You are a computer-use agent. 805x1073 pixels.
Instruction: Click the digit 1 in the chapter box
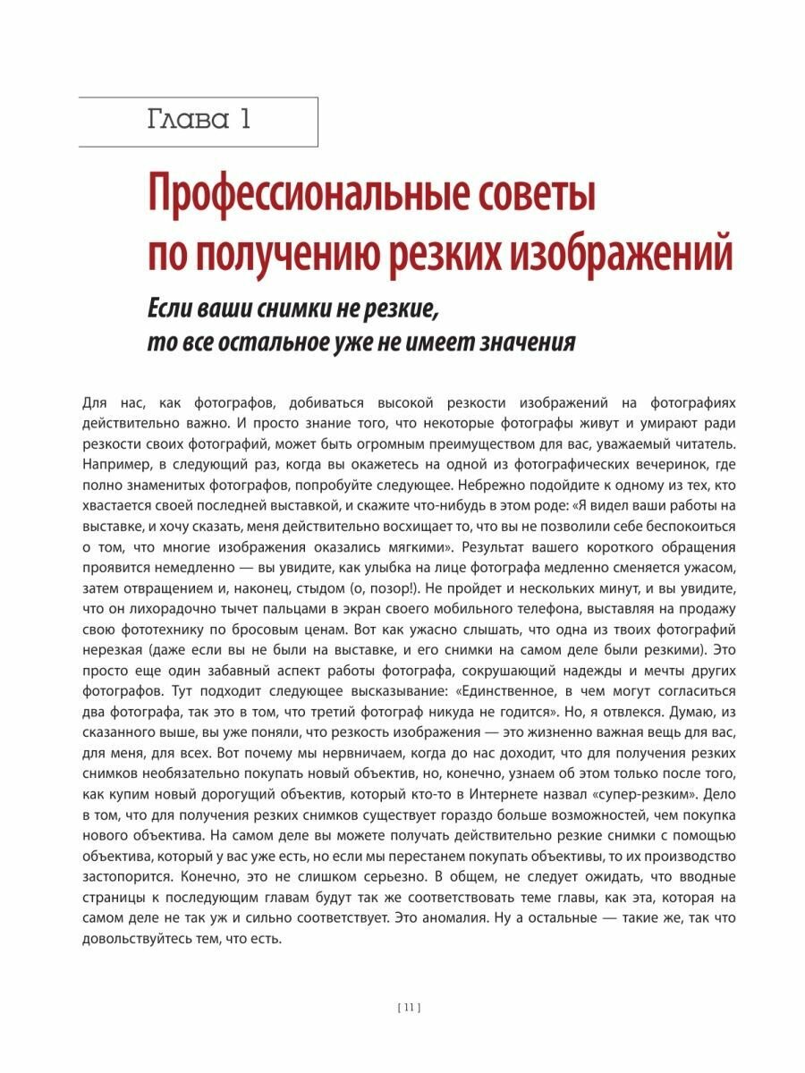click(242, 120)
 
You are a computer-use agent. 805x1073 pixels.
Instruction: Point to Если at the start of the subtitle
click(174, 309)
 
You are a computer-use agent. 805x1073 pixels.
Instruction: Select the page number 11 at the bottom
click(408, 1008)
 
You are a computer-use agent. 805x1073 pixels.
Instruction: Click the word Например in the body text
click(114, 467)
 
